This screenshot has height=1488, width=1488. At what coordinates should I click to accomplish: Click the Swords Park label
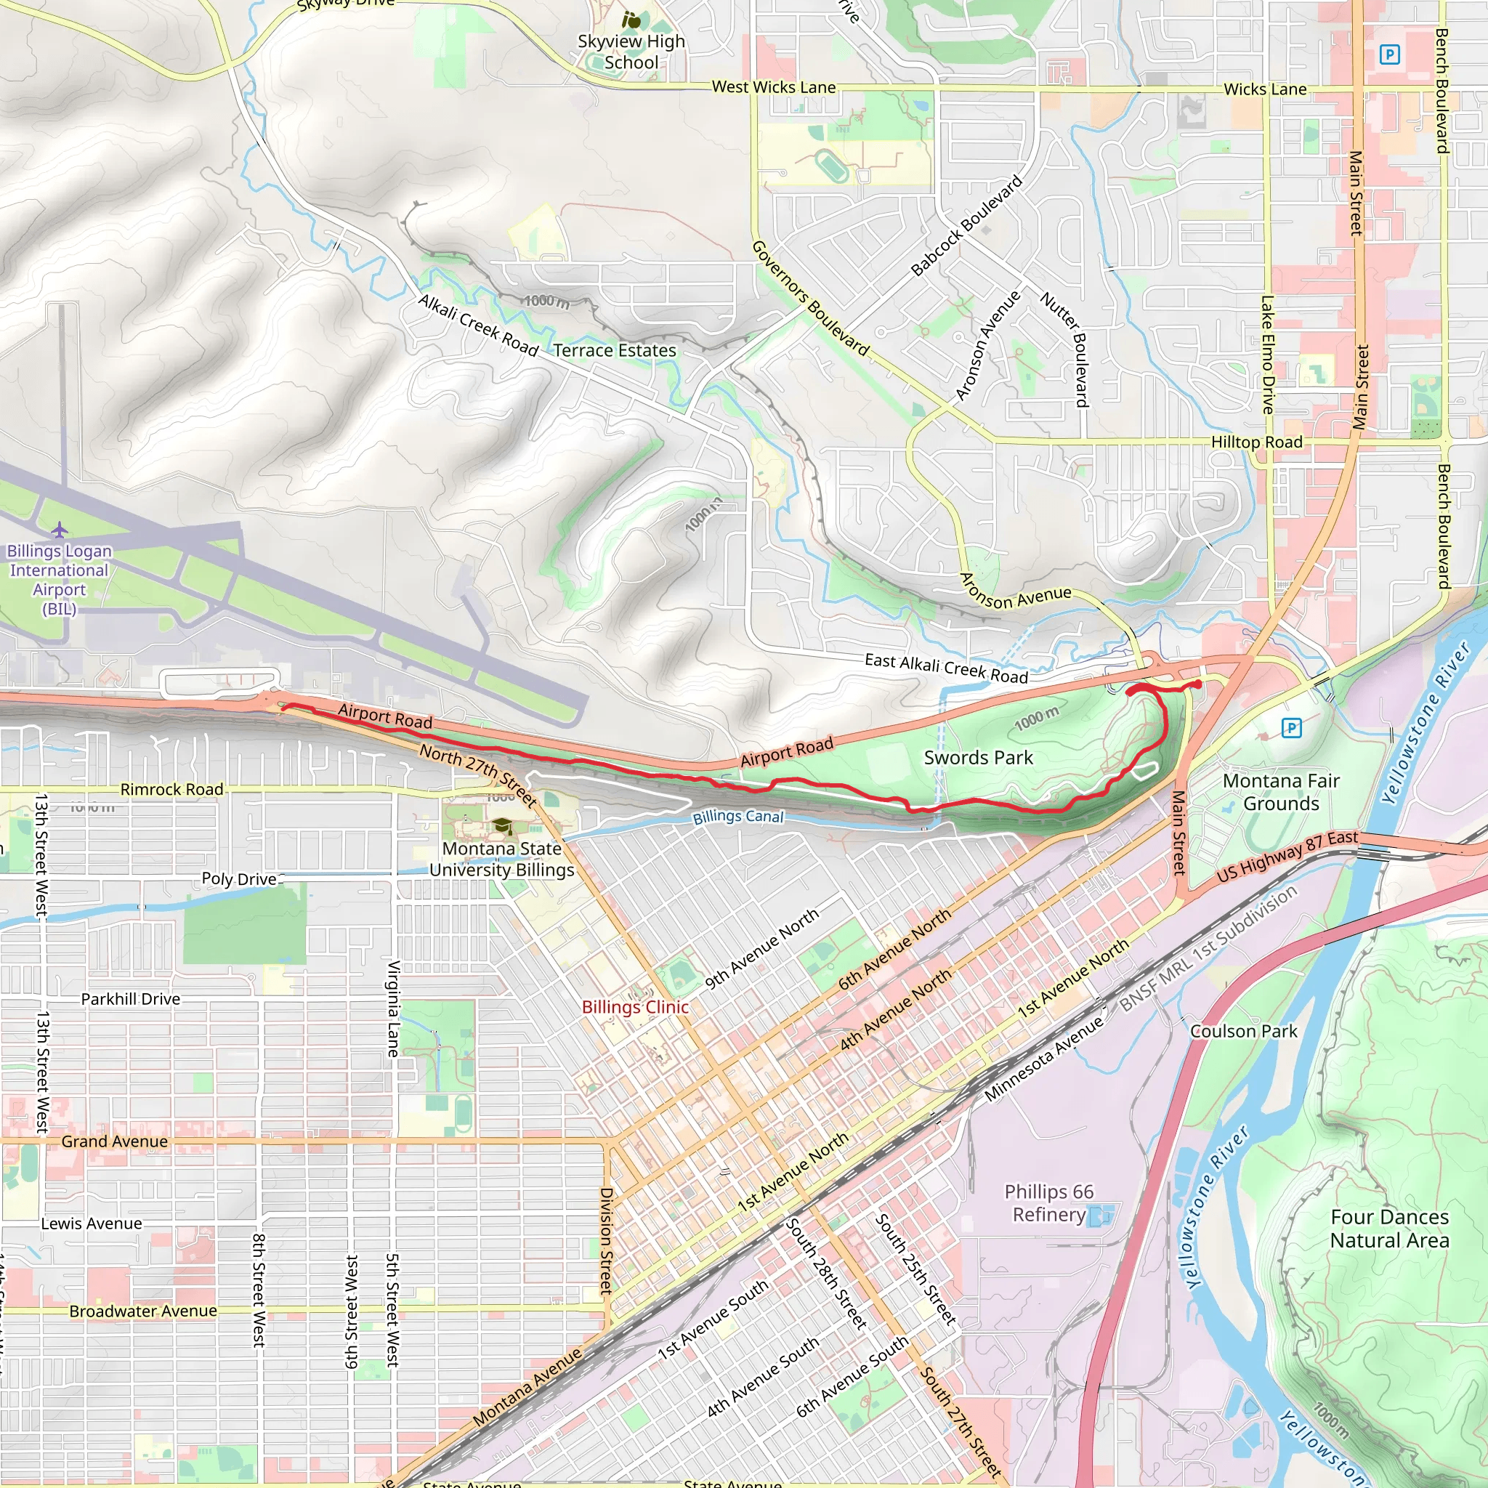(x=978, y=758)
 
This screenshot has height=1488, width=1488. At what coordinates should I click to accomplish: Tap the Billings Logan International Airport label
(x=60, y=579)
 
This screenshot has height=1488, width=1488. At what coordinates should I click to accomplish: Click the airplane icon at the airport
(x=60, y=530)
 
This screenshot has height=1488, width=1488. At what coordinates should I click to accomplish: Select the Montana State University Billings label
(x=501, y=859)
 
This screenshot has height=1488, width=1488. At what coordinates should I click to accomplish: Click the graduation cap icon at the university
(x=502, y=827)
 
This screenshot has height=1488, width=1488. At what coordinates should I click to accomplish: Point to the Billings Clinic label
(x=634, y=1006)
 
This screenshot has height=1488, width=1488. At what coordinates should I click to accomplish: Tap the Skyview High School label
(x=631, y=52)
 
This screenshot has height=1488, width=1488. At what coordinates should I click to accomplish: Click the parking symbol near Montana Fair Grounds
(x=1292, y=727)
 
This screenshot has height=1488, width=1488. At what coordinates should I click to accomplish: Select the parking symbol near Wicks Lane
(x=1389, y=54)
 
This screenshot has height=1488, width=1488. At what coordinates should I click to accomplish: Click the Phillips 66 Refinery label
(x=1048, y=1202)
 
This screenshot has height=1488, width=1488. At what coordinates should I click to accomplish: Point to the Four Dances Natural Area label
(x=1389, y=1229)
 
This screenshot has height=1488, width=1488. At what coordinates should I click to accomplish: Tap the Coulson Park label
(x=1243, y=1031)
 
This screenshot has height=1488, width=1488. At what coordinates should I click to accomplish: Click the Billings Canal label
(x=738, y=817)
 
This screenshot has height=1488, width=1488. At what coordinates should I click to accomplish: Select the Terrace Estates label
(x=614, y=350)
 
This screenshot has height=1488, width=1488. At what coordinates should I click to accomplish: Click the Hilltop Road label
(x=1256, y=442)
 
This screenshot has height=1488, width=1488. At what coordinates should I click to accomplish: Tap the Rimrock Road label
(x=171, y=790)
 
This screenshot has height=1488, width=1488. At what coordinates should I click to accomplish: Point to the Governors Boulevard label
(x=810, y=298)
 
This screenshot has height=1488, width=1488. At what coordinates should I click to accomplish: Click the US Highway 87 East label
(x=1287, y=856)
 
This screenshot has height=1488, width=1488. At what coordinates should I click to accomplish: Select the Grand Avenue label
(x=114, y=1141)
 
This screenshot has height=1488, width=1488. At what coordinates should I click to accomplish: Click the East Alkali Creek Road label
(x=946, y=668)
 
